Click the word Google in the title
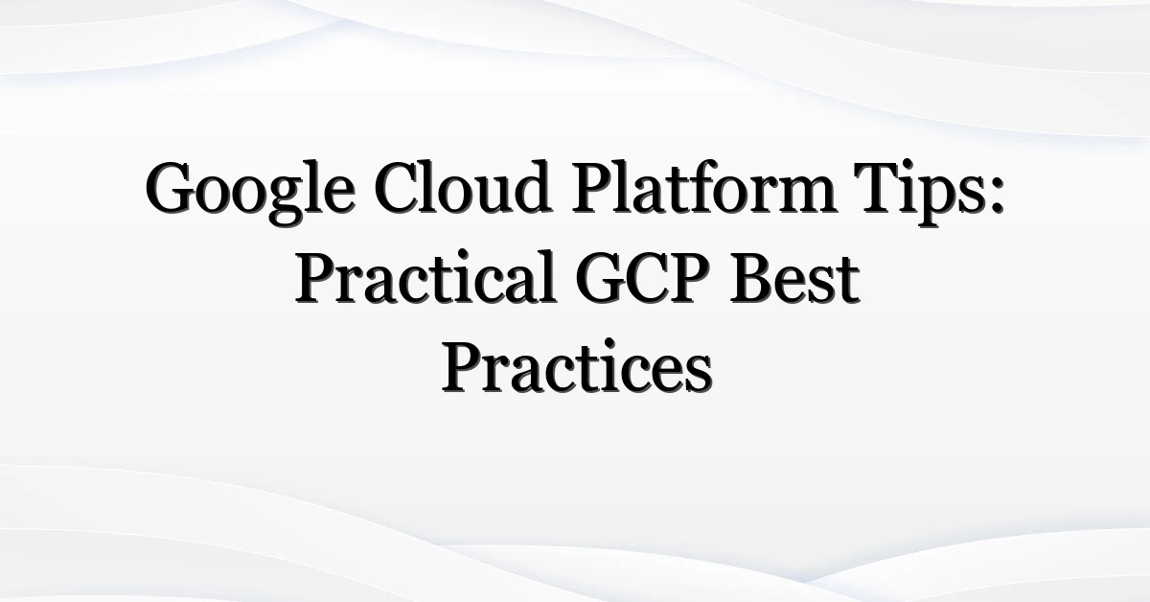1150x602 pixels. coord(250,193)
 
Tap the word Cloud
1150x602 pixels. coord(463,187)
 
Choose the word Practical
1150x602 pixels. coord(425,277)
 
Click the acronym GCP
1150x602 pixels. coord(642,278)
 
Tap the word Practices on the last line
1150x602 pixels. coord(577,367)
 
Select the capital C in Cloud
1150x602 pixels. coord(397,188)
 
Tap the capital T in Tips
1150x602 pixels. coord(877,188)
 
